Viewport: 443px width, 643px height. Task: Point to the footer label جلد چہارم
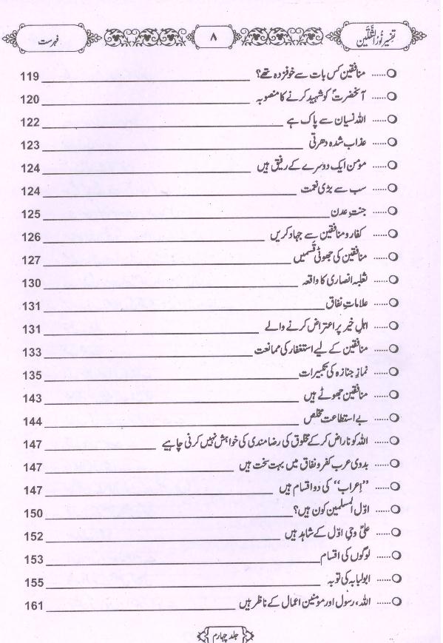[221, 633]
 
